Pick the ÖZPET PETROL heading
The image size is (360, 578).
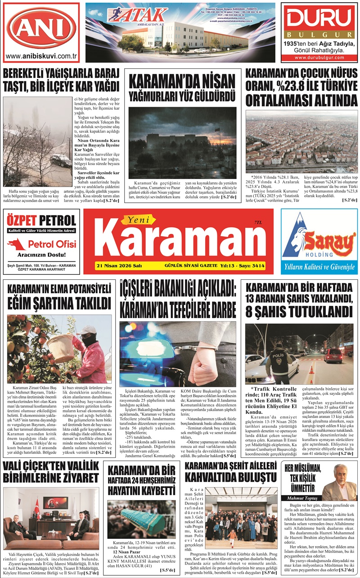pos(41,221)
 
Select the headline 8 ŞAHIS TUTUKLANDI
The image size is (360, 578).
pos(299,311)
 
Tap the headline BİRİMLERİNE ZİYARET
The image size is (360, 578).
pos(51,477)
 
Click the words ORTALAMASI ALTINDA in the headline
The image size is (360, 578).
pos(301,99)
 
